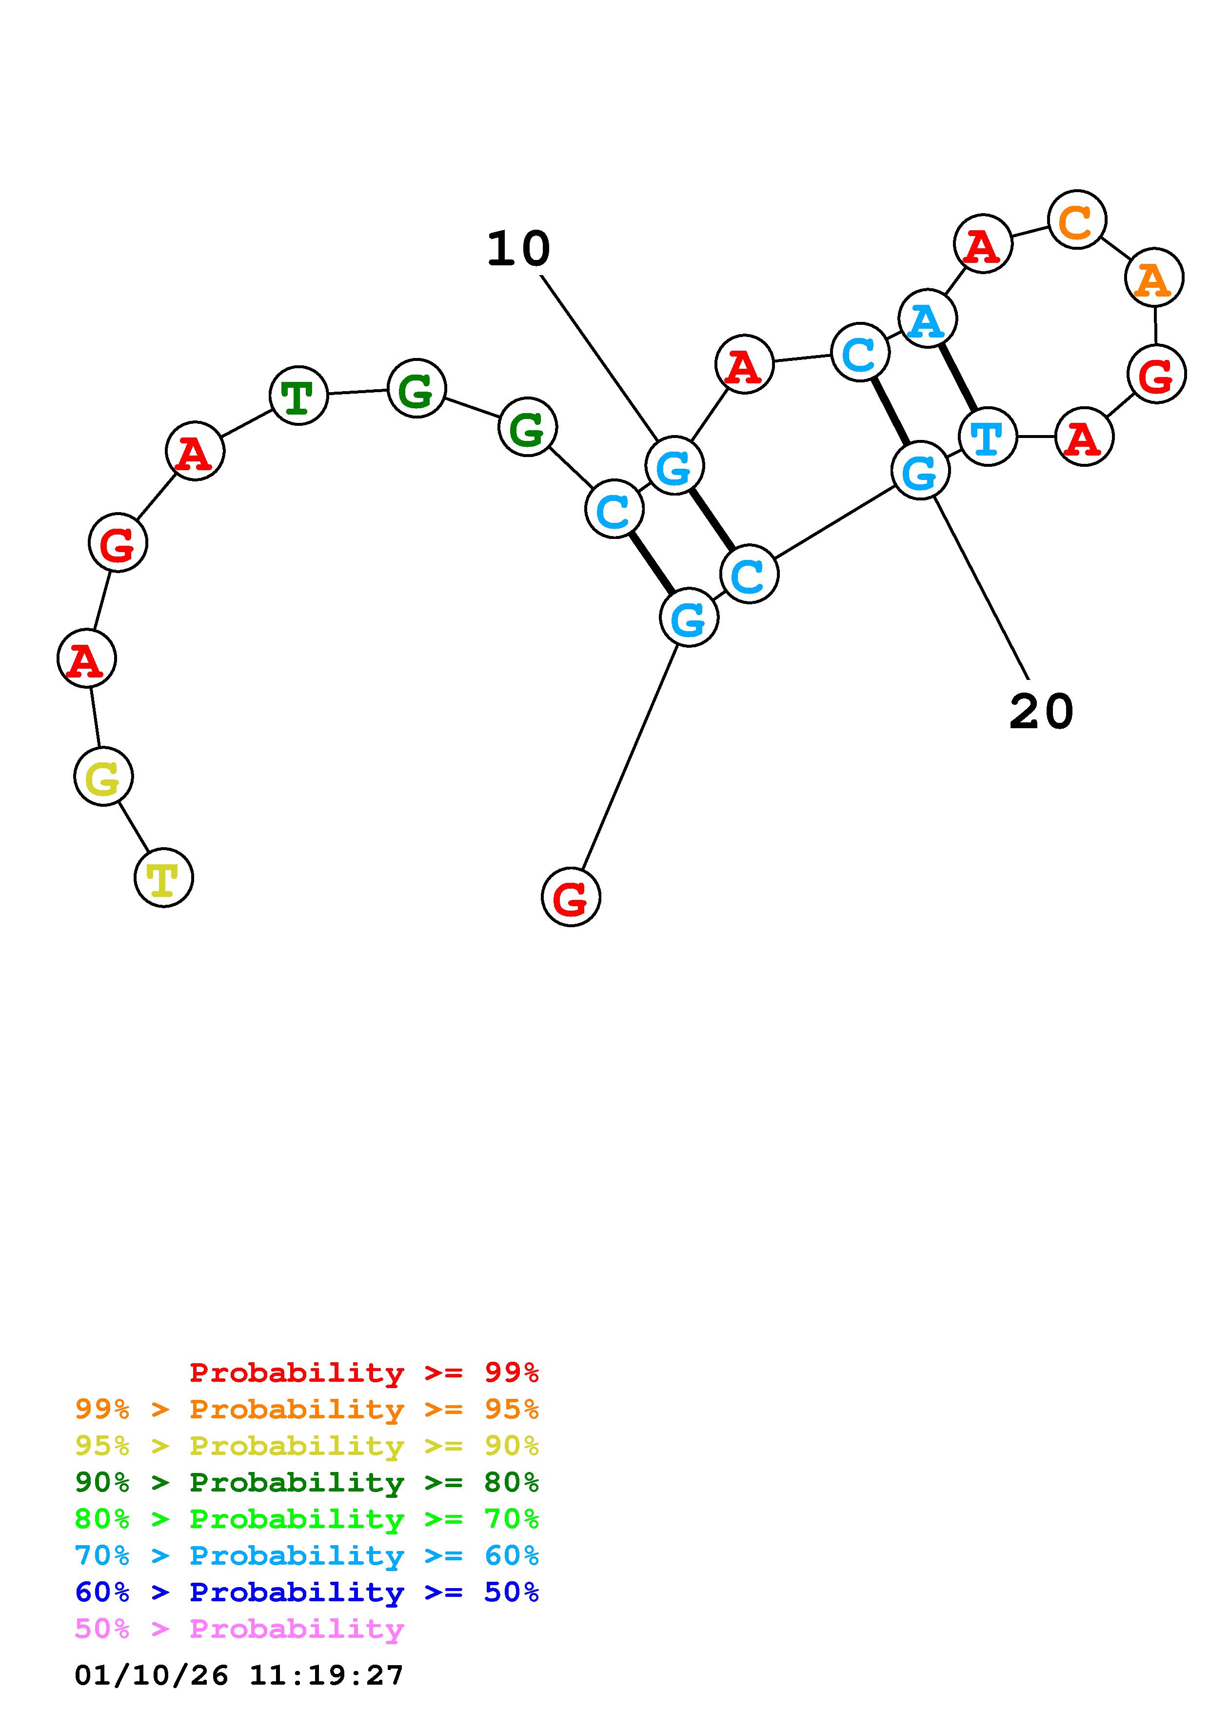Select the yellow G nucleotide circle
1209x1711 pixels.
click(103, 776)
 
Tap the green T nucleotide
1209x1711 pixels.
click(298, 395)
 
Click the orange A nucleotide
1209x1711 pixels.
click(1154, 278)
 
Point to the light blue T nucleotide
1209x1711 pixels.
click(987, 437)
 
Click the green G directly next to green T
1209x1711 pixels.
click(416, 388)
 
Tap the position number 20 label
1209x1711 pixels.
click(1041, 712)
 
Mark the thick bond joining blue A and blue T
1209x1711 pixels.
click(958, 378)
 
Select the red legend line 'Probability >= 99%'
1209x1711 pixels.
click(364, 1373)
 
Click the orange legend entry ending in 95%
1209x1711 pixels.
click(307, 1409)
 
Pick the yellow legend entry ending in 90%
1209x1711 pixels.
click(307, 1446)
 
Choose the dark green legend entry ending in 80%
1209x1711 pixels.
click(307, 1482)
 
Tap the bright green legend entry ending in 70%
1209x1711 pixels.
click(307, 1519)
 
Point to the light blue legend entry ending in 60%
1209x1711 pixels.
click(307, 1555)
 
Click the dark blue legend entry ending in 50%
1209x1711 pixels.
click(307, 1592)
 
